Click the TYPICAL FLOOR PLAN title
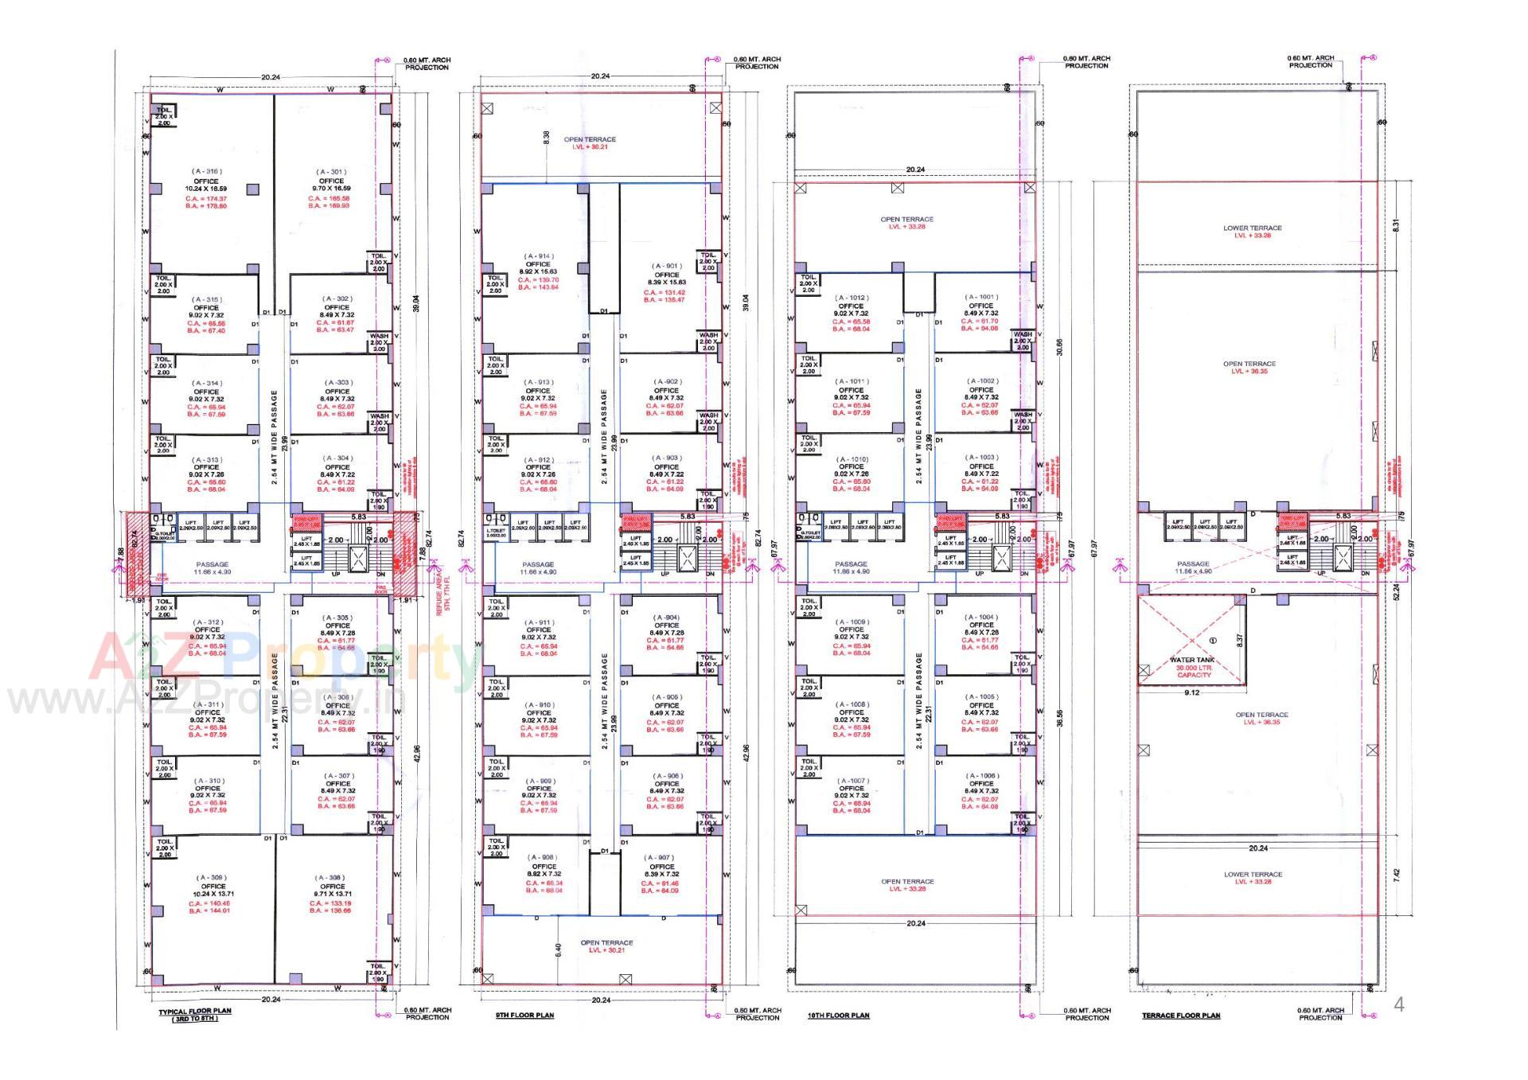(x=195, y=1014)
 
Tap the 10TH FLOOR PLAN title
(x=838, y=1016)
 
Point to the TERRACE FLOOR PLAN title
(x=1181, y=1016)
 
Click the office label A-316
(x=206, y=172)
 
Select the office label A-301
(x=331, y=172)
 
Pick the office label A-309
(x=212, y=878)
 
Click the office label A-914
(x=538, y=256)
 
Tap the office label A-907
(x=661, y=858)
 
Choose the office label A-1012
(x=852, y=298)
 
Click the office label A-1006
(x=981, y=775)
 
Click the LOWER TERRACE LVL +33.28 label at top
(x=1253, y=232)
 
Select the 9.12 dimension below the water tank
(x=1191, y=693)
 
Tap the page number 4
(x=1399, y=1004)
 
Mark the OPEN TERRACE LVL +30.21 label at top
(x=590, y=143)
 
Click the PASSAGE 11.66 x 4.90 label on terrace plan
(x=1193, y=567)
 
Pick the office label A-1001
(x=981, y=297)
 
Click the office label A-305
(x=337, y=618)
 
